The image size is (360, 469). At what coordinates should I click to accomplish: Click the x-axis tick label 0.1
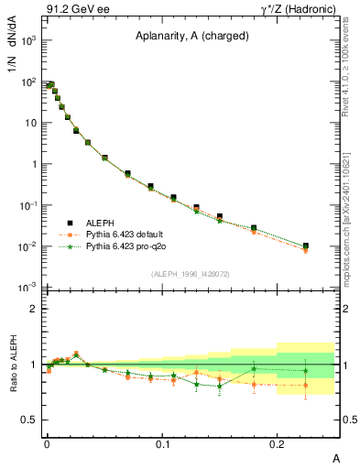click(163, 443)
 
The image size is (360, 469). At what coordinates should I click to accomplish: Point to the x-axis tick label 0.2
click(278, 443)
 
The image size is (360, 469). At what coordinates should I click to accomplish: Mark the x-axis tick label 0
click(47, 443)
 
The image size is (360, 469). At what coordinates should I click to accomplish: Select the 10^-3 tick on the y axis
click(27, 288)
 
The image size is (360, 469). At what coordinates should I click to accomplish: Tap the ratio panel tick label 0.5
click(29, 420)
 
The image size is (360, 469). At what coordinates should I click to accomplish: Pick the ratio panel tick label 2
click(33, 309)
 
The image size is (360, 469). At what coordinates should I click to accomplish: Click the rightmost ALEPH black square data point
click(306, 245)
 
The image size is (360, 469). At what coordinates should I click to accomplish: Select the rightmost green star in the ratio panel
click(306, 371)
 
